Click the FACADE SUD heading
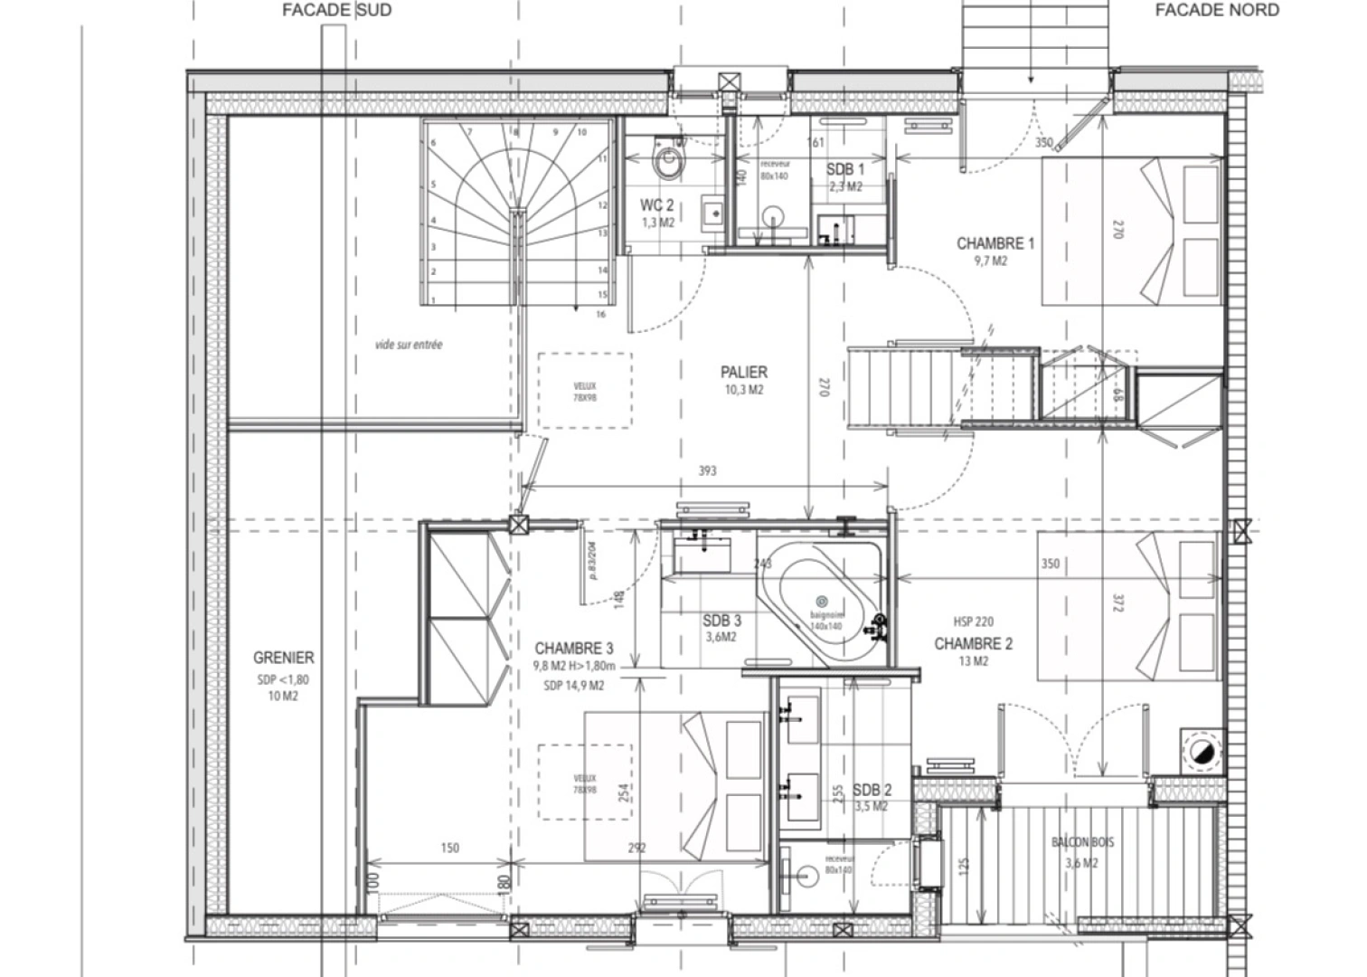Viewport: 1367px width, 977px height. pyautogui.click(x=336, y=11)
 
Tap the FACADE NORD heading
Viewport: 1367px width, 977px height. pyautogui.click(x=1217, y=11)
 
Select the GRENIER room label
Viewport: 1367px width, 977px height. pyautogui.click(x=283, y=659)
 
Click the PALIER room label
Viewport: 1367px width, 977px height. pyautogui.click(x=744, y=373)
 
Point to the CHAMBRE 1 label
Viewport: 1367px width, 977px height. pyautogui.click(x=995, y=243)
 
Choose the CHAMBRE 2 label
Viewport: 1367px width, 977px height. pyautogui.click(x=973, y=644)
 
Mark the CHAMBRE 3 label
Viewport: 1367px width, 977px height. pyautogui.click(x=574, y=649)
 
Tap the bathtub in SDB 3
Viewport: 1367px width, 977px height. pyautogui.click(x=823, y=602)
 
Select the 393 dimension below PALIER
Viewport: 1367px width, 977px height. pyautogui.click(x=707, y=470)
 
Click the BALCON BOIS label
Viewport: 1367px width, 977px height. pyautogui.click(x=1082, y=842)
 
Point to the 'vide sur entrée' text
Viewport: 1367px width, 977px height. pyautogui.click(x=409, y=345)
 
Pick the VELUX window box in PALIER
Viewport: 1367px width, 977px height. pyautogui.click(x=585, y=391)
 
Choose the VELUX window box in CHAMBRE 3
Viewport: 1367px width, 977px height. pyautogui.click(x=585, y=783)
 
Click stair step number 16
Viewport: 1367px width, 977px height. pyautogui.click(x=600, y=315)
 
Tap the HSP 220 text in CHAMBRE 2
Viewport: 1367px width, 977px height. pyautogui.click(x=973, y=621)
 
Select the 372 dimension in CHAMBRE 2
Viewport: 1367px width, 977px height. pyautogui.click(x=1116, y=602)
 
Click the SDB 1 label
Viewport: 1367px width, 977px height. pyautogui.click(x=845, y=170)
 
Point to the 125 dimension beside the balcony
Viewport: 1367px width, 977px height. pyautogui.click(x=964, y=866)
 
